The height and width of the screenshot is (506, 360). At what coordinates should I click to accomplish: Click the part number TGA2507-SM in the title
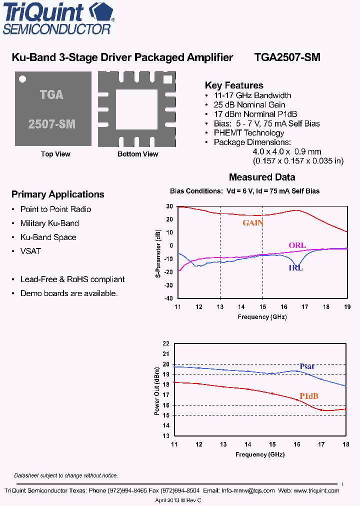(x=287, y=57)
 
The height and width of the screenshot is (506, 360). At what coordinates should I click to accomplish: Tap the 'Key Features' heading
(x=234, y=85)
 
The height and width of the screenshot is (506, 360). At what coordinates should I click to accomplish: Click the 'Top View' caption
(x=55, y=154)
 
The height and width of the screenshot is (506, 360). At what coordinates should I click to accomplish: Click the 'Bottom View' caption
(x=137, y=154)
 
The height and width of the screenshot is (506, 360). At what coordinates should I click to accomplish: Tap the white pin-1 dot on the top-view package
(x=22, y=78)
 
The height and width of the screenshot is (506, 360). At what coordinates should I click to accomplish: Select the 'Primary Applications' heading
(x=57, y=194)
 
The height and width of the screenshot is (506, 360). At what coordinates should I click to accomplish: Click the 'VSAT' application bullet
(x=30, y=251)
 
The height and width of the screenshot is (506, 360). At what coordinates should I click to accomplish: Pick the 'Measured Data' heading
(x=262, y=177)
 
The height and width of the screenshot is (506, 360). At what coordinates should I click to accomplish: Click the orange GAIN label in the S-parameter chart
(x=253, y=223)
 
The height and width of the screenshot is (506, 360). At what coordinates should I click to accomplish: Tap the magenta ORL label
(x=297, y=245)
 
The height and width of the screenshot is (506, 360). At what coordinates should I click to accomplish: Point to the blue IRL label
(x=295, y=267)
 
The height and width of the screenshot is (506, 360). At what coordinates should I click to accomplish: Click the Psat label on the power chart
(x=307, y=366)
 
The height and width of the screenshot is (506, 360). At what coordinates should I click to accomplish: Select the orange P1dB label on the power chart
(x=309, y=396)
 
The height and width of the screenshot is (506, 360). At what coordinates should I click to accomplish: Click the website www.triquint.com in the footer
(x=316, y=491)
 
